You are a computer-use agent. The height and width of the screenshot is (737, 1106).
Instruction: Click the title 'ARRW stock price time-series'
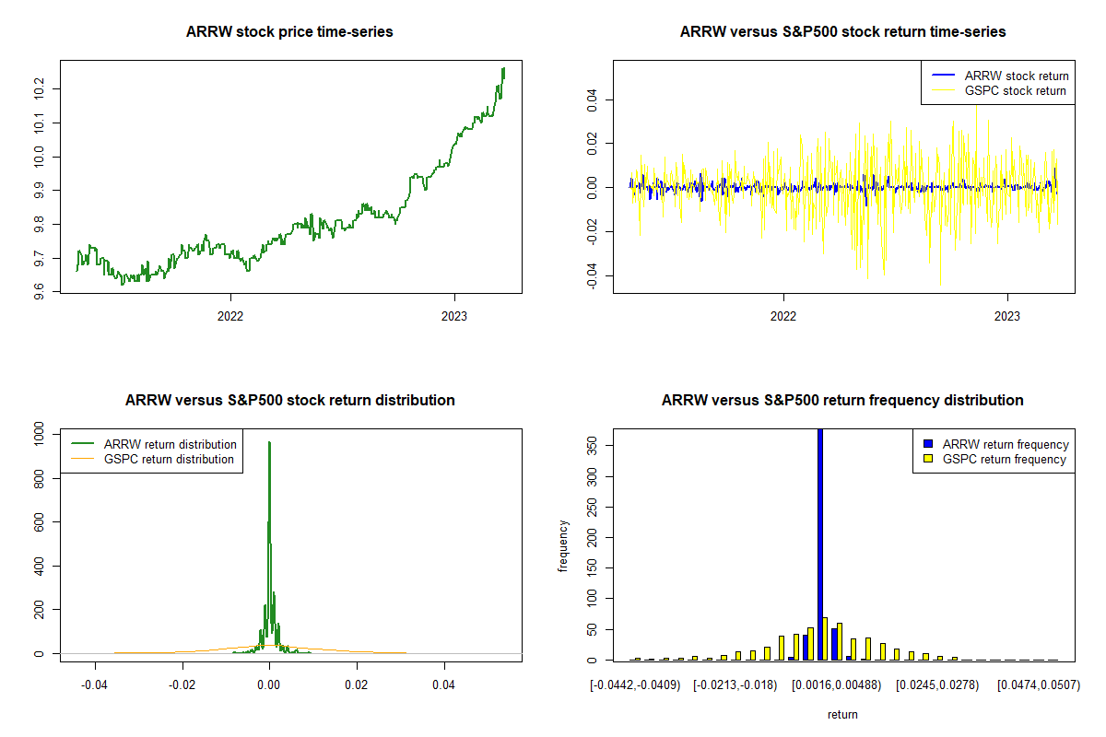[x=289, y=32]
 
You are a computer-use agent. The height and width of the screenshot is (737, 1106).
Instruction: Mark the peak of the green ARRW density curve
[x=269, y=442]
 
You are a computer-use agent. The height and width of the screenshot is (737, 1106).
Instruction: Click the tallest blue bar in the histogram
[x=820, y=544]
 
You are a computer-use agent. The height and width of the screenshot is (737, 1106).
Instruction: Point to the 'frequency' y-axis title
[x=563, y=545]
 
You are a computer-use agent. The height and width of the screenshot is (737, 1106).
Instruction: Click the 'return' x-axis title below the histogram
[x=842, y=714]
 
